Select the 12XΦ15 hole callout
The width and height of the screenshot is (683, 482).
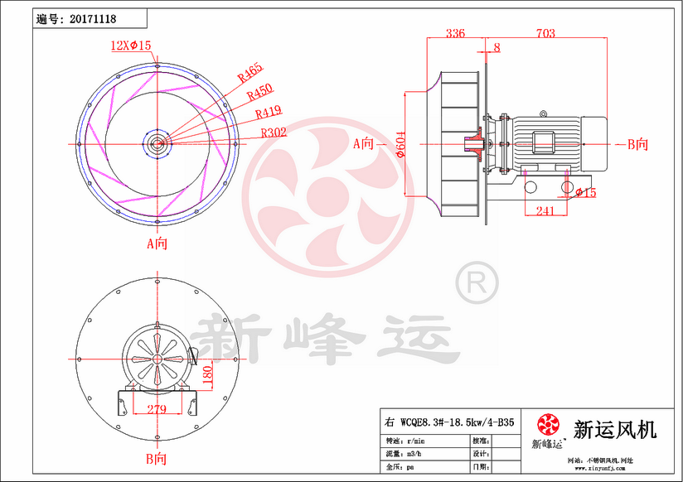pos(131,46)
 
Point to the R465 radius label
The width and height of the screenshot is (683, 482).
pos(249,73)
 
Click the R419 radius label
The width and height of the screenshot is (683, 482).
pos(269,113)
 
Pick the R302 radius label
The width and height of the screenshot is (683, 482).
pos(274,132)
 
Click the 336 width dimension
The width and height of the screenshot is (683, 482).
pos(455,33)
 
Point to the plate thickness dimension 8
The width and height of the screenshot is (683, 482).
pos(497,48)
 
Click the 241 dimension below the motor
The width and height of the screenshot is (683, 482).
pos(545,211)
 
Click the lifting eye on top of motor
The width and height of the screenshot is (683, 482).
pos(544,111)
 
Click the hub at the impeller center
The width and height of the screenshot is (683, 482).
pos(156,142)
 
